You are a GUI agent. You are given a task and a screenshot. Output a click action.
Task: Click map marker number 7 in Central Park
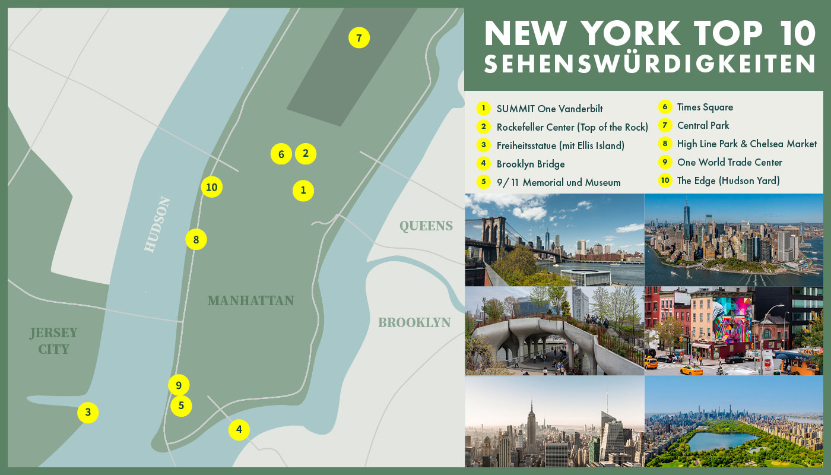pyautogui.click(x=359, y=38)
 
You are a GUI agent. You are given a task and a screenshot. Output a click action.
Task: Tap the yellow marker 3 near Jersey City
pyautogui.click(x=88, y=412)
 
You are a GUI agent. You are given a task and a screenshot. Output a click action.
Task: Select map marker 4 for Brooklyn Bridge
pyautogui.click(x=239, y=429)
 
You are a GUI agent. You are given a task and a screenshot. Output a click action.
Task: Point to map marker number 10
pyautogui.click(x=211, y=188)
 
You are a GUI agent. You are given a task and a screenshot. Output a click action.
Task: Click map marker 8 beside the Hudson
pyautogui.click(x=196, y=240)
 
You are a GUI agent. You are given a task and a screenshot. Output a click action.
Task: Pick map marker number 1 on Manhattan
pyautogui.click(x=303, y=191)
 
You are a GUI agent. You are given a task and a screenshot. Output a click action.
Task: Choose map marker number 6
pyautogui.click(x=281, y=154)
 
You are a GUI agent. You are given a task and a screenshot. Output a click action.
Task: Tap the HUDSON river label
pyautogui.click(x=157, y=224)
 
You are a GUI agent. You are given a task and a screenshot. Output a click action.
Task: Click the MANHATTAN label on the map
pyautogui.click(x=250, y=300)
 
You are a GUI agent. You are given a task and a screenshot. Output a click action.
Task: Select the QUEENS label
pyautogui.click(x=426, y=226)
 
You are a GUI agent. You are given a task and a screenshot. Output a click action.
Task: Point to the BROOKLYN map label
pyautogui.click(x=414, y=322)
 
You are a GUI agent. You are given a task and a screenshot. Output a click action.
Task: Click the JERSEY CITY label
pyautogui.click(x=53, y=341)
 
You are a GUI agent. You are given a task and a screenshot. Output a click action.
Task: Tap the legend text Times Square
pyautogui.click(x=705, y=107)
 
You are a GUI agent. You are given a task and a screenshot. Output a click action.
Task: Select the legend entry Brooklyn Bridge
pyautogui.click(x=530, y=164)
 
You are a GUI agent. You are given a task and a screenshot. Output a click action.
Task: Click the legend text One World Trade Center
pyautogui.click(x=729, y=163)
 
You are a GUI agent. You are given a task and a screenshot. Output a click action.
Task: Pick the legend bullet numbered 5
pyautogui.click(x=484, y=182)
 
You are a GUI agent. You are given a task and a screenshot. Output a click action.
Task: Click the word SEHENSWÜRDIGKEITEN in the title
pyautogui.click(x=649, y=64)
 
